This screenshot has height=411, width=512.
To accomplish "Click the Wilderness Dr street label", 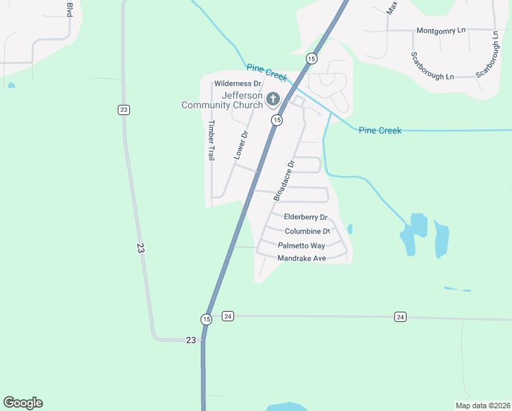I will click(238, 84).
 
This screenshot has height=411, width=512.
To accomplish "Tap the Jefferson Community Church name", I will click(222, 100).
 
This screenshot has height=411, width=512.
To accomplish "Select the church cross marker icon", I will click(272, 100).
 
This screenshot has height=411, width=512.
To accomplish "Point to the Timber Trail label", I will click(211, 140).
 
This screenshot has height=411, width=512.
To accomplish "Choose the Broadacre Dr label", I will click(283, 180).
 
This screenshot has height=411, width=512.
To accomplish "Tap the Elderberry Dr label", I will click(306, 217).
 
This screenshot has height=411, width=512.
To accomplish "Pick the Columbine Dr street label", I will click(307, 232).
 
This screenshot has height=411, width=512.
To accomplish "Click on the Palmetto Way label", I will click(301, 245).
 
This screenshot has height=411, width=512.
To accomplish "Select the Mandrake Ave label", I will click(301, 258).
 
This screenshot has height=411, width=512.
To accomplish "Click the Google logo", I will click(23, 403).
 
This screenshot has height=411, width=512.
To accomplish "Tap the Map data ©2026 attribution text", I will click(482, 406).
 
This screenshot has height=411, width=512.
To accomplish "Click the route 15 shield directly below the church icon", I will click(277, 120).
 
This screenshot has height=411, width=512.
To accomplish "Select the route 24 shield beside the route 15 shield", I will click(228, 316).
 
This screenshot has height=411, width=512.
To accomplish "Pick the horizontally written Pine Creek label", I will click(380, 130).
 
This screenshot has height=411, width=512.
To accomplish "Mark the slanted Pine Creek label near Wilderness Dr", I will click(268, 73).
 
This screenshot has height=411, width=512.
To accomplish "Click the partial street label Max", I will click(392, 8).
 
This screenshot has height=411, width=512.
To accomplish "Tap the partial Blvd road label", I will click(70, 8).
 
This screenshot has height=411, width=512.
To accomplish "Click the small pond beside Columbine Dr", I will click(350, 229).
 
